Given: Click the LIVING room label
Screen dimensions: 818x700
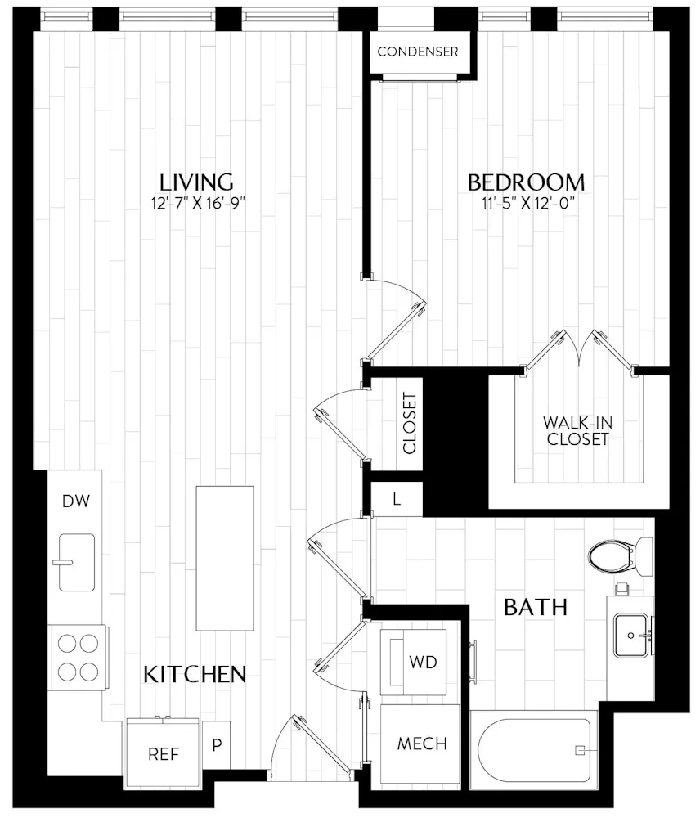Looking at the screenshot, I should (x=196, y=182).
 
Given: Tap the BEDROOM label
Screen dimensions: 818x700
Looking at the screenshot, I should (x=526, y=182).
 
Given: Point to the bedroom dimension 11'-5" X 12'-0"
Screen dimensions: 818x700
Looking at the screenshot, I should (x=526, y=203).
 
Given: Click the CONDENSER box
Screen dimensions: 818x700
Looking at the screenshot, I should (x=417, y=52).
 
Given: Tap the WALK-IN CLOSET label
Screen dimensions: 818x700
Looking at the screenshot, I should (x=577, y=431).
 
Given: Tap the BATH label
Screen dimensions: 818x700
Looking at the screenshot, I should (x=536, y=608).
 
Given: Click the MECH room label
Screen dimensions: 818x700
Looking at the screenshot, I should (x=422, y=744).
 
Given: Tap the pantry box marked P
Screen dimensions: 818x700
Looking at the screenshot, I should (x=217, y=745).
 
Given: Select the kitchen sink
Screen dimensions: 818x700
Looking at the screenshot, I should (x=76, y=561).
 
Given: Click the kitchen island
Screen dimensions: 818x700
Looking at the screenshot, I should (x=224, y=557).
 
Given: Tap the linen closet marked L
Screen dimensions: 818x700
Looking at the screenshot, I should (x=397, y=499).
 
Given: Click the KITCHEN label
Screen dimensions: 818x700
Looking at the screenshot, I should (x=195, y=674).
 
